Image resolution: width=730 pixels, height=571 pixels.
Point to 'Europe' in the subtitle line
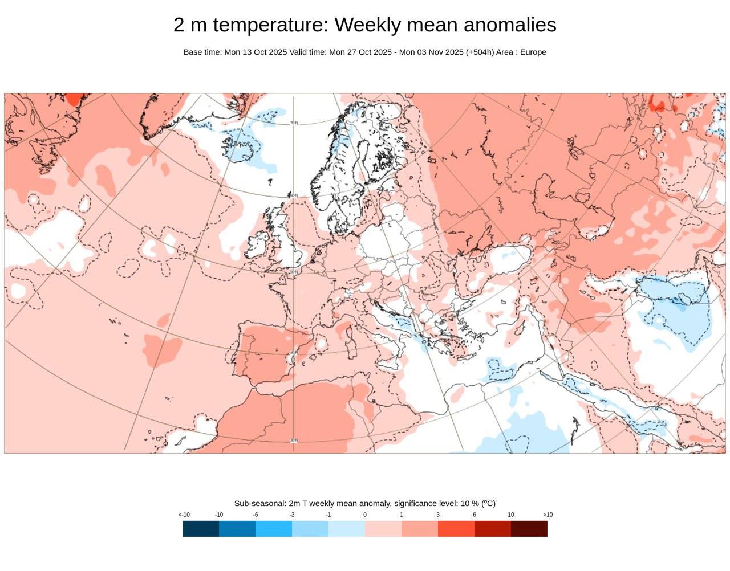[533, 52]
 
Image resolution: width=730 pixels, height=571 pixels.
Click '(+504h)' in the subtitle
[480, 52]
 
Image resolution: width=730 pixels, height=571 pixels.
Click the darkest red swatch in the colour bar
[529, 529]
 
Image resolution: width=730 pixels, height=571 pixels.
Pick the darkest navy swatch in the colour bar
[201, 529]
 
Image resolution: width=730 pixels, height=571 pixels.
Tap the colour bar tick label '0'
[365, 515]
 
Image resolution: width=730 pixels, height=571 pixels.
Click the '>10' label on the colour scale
[547, 515]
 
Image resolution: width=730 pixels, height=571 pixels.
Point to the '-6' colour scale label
[255, 515]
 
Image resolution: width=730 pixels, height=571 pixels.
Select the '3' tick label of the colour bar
[438, 515]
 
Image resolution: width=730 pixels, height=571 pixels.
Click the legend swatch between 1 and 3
[420, 529]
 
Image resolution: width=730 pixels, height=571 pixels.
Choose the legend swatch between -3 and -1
[310, 529]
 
